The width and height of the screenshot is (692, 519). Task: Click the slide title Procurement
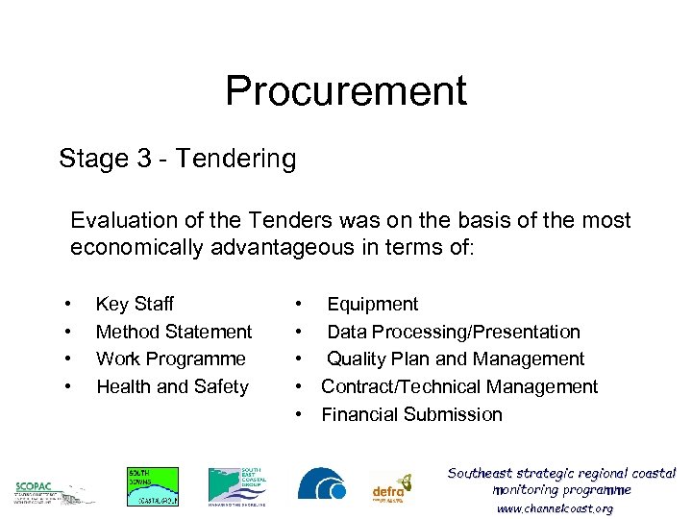tap(345, 91)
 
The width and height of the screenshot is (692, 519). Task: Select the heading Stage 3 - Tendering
tap(177, 158)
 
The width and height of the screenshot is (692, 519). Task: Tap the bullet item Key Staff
tap(135, 304)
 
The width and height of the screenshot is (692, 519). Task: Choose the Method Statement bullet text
tap(174, 332)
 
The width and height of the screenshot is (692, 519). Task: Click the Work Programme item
tap(170, 358)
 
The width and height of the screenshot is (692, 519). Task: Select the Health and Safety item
tap(172, 386)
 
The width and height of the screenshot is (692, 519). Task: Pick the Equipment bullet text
tap(372, 304)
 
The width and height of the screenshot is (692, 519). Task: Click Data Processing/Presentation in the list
tap(453, 332)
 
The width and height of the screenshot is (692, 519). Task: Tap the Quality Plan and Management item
tap(455, 358)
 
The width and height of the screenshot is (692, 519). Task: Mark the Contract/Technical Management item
tap(458, 386)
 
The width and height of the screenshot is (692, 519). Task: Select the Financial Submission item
tap(411, 414)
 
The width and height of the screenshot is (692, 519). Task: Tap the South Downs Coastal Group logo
tap(152, 485)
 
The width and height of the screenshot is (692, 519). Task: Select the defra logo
tap(392, 488)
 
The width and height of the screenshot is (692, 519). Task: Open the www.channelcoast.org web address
tap(555, 508)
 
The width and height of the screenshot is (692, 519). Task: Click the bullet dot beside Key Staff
tap(67, 304)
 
